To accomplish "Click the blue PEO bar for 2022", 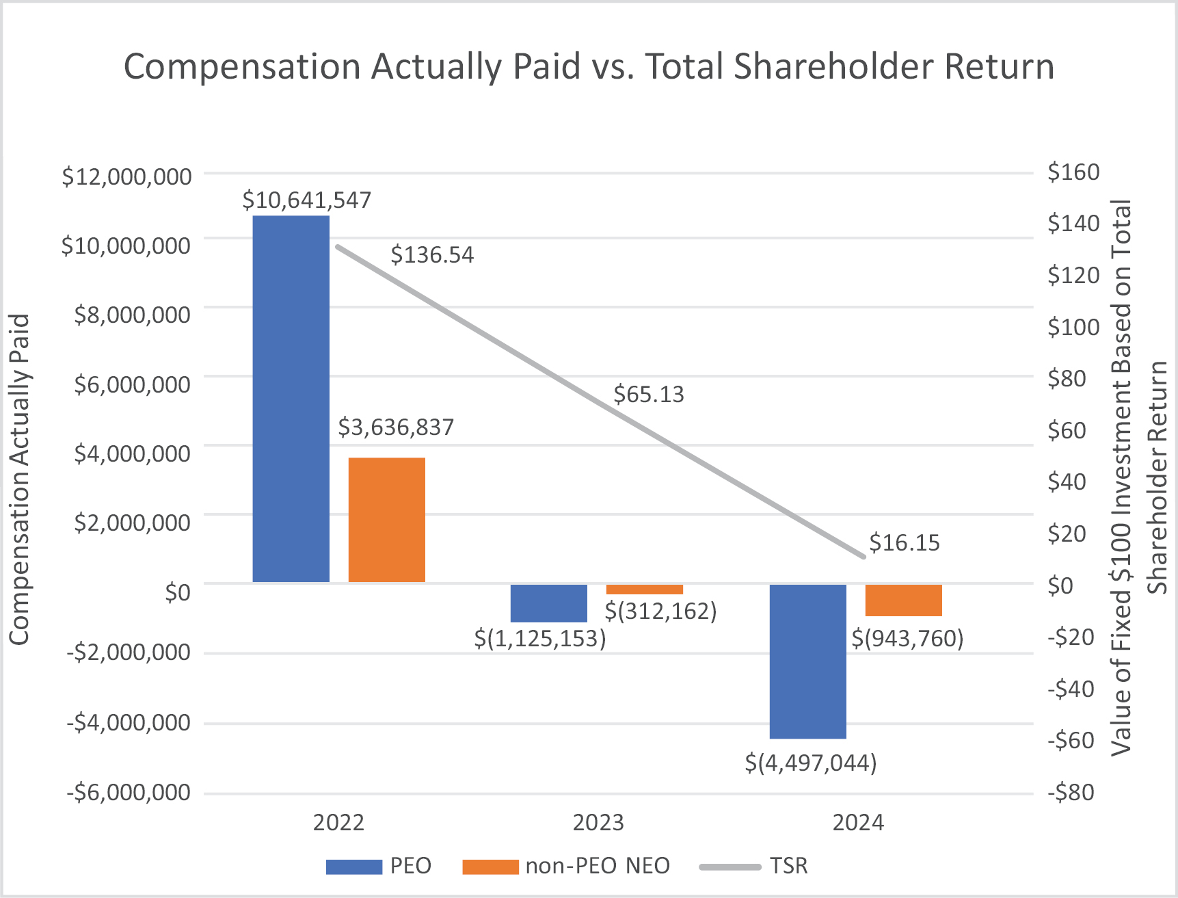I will [291, 399].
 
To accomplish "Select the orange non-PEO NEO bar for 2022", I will [386, 520].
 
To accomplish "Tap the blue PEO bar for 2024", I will [807, 661].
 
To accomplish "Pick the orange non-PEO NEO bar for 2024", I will [903, 600].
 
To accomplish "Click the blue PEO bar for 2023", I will [548, 603].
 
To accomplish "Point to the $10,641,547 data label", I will [306, 200].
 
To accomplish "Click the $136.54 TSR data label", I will [432, 255].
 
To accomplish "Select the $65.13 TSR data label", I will [648, 395].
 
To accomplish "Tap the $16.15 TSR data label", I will [904, 543].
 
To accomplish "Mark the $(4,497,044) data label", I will [810, 762].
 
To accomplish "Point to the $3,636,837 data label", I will [396, 427].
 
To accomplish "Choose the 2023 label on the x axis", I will [598, 822].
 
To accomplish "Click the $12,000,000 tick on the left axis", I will [126, 176].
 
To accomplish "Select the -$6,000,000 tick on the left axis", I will [129, 793].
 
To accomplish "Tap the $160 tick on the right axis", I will [1073, 172].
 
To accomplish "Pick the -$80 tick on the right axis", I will [1071, 793].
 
